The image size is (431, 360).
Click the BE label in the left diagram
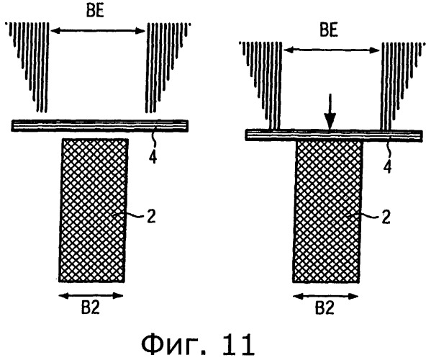coord(95,12)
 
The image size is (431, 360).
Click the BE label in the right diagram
coord(329,30)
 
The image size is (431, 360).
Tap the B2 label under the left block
coord(91,308)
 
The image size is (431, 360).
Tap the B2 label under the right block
coord(325,309)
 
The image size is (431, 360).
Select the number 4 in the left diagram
coord(153,158)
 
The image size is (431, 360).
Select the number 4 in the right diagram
coord(387,167)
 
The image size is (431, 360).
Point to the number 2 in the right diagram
coord(386,217)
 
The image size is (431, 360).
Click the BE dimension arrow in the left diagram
coord(98,30)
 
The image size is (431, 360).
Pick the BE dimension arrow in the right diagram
coord(331,50)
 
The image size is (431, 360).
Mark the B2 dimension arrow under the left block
coord(91,296)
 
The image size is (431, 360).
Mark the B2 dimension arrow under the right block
coord(325,296)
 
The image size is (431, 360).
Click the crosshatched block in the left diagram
coord(94,210)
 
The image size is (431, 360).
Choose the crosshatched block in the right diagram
coord(327,212)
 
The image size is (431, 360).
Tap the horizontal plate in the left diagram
coord(100,125)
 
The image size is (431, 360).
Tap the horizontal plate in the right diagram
coord(334,135)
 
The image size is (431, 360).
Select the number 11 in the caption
coord(239,343)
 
